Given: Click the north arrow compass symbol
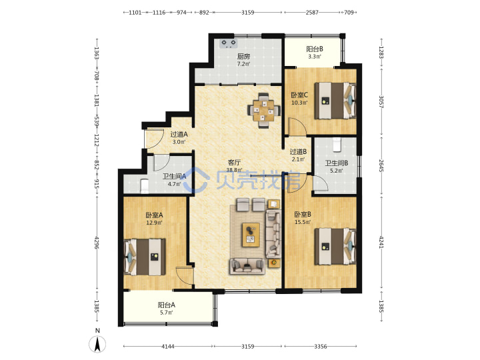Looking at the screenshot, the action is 97,344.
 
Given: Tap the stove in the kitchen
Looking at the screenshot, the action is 229,44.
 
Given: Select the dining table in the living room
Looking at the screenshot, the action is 264,111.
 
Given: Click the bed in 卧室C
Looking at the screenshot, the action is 335,100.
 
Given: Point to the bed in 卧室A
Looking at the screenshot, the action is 145,257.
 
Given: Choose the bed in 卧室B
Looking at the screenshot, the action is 335,246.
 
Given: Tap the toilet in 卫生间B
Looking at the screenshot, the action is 337,145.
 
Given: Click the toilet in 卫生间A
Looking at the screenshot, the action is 144,187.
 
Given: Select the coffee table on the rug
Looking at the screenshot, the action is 251,235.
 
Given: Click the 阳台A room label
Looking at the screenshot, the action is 166,305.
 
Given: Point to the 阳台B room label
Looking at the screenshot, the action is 315,49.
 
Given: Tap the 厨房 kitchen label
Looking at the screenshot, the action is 243,57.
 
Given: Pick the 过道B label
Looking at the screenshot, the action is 298,151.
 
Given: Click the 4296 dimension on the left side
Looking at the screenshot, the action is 97,243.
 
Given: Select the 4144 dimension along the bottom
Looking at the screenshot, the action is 168,347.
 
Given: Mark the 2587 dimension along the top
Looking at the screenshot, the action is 312,13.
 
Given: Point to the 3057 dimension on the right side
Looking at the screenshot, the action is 381,102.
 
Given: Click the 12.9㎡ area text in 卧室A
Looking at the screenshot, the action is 154,223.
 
